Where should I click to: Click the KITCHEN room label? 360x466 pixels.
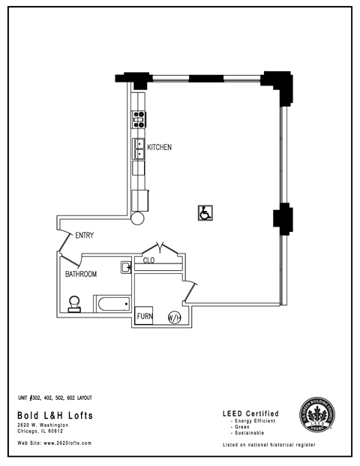pyautogui.click(x=159, y=147)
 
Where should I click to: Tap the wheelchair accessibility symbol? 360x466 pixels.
pyautogui.click(x=203, y=214)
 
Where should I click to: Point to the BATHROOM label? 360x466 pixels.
pyautogui.click(x=80, y=275)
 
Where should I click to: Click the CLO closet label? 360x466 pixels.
pyautogui.click(x=148, y=261)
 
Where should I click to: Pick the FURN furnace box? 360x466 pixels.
pyautogui.click(x=145, y=317)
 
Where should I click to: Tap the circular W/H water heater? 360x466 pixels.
pyautogui.click(x=174, y=317)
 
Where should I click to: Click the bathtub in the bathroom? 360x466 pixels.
pyautogui.click(x=112, y=304)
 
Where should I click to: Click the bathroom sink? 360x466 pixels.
pyautogui.click(x=126, y=266)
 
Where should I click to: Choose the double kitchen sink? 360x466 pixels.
pyautogui.click(x=139, y=149)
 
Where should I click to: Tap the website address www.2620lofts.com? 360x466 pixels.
pyautogui.click(x=55, y=443)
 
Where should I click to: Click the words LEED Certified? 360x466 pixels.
pyautogui.click(x=251, y=413)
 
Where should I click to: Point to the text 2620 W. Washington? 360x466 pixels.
pyautogui.click(x=43, y=425)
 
